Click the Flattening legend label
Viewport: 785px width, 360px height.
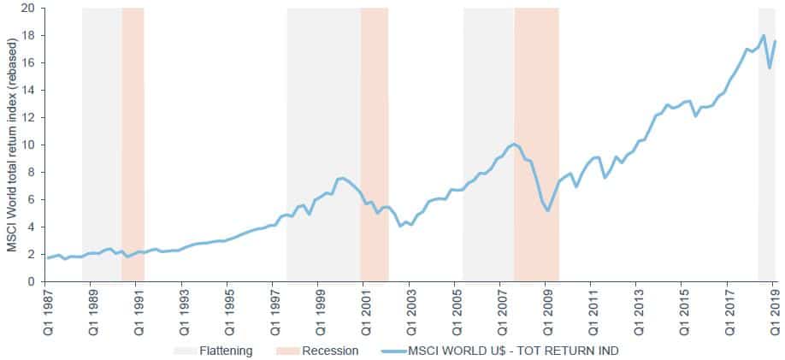[226, 350]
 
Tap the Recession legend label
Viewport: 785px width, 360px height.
[330, 350]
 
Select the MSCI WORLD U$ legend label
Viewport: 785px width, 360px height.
[513, 350]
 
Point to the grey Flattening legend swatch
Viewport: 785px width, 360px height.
[184, 350]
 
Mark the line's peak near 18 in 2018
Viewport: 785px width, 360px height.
[763, 36]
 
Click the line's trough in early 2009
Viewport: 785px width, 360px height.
[548, 210]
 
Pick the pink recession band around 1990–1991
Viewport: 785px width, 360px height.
[133, 128]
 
